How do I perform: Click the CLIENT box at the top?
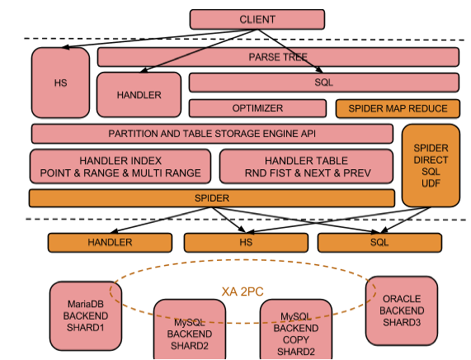click(x=257, y=19)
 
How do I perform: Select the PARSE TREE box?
click(x=278, y=57)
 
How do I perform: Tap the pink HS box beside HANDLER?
click(x=60, y=83)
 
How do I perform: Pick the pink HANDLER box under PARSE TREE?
click(x=139, y=95)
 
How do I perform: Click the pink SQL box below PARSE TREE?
click(x=324, y=83)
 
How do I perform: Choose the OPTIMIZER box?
click(x=257, y=108)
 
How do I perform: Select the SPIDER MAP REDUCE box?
click(x=398, y=108)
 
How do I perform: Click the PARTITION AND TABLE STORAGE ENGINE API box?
click(x=212, y=134)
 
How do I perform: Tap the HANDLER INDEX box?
click(x=120, y=166)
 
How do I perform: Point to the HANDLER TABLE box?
click(x=306, y=166)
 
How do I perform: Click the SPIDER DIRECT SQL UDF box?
click(x=431, y=166)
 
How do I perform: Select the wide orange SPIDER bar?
click(x=212, y=198)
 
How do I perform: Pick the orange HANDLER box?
click(x=110, y=243)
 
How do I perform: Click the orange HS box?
click(x=246, y=243)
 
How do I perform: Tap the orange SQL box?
click(x=379, y=243)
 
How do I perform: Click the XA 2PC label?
click(x=243, y=291)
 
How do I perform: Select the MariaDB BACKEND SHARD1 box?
click(x=86, y=315)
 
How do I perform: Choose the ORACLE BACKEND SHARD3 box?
click(x=402, y=310)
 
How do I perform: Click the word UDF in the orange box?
click(x=431, y=183)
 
